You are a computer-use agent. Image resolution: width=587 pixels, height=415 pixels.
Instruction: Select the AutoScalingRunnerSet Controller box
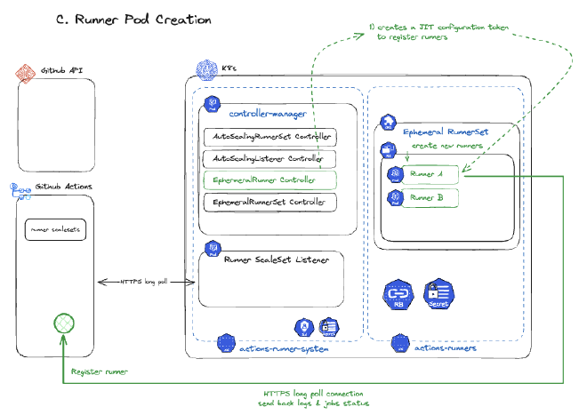coord(270,137)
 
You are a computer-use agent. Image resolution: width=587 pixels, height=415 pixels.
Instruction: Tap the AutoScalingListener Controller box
coord(270,158)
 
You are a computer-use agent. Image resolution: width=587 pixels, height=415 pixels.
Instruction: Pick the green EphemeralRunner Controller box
coord(270,180)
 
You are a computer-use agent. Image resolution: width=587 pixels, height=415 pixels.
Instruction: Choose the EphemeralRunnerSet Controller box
coord(270,203)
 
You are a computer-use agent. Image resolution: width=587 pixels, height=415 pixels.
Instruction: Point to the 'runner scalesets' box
coord(55,229)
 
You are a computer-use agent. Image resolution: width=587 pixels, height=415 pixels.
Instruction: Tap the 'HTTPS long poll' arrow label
coord(144,282)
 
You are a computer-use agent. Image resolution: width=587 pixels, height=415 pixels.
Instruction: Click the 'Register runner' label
coord(100,371)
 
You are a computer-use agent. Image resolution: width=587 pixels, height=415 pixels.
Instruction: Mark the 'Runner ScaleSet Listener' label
coord(277,259)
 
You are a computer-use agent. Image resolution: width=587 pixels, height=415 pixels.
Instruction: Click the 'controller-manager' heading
coord(268,115)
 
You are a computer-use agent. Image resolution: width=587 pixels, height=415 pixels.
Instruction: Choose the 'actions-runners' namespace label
coord(445,348)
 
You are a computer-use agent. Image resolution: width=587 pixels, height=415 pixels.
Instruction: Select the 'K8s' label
coord(230,68)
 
